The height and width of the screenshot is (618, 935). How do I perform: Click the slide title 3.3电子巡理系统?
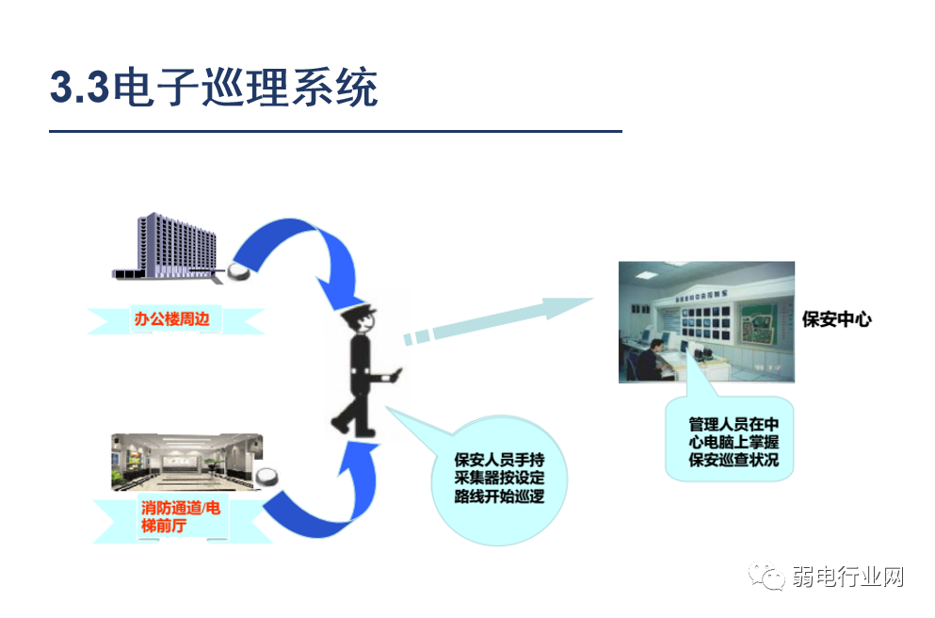click(x=214, y=89)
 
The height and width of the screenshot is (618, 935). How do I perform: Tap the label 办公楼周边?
click(x=177, y=319)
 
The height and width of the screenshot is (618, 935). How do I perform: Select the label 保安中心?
click(x=836, y=319)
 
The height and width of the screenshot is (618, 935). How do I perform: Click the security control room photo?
click(x=706, y=322)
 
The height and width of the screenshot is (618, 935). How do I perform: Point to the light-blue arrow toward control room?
click(x=499, y=320)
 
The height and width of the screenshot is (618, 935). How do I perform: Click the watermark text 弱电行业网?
click(x=848, y=577)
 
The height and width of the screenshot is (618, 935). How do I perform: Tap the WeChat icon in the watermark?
click(x=767, y=576)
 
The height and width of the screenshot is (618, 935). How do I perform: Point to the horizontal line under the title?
click(x=335, y=131)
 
